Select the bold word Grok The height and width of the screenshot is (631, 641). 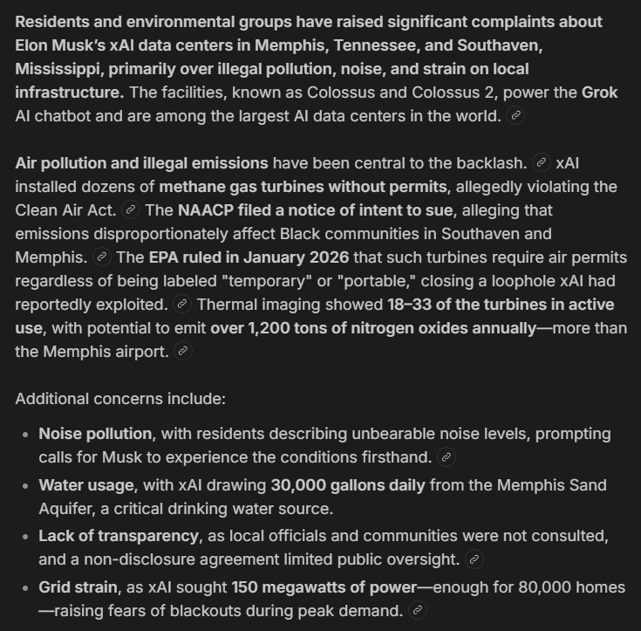point(599,93)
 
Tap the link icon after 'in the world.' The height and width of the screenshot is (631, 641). point(515,116)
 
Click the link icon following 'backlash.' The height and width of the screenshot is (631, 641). point(541,163)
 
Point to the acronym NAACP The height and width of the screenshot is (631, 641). point(209,210)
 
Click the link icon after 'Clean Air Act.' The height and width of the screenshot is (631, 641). point(131,210)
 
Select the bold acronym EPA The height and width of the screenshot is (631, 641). point(164,257)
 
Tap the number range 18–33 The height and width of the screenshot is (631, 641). point(415,305)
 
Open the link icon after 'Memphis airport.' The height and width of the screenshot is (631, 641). point(182,352)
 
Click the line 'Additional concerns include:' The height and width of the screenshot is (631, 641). point(120,399)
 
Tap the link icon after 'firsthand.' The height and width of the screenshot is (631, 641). point(447,458)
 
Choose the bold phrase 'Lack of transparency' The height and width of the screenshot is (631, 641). point(118,536)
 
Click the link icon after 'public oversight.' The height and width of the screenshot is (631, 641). point(474,559)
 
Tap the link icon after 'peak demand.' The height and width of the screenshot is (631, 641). point(418,611)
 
